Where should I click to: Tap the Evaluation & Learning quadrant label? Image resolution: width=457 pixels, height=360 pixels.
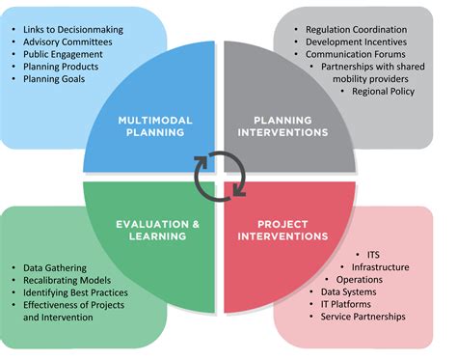coord(154,231)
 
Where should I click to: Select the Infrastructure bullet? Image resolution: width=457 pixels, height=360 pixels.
coord(380,267)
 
